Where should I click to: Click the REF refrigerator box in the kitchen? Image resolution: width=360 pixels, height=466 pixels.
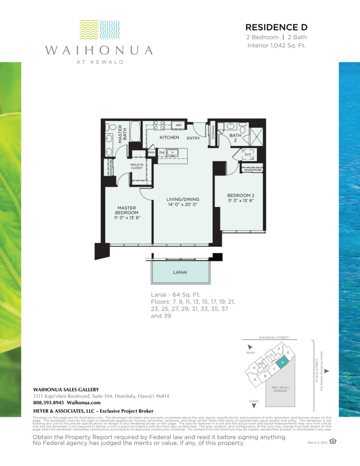tap(178, 125)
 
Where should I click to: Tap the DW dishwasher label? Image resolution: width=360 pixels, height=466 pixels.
tap(162, 152)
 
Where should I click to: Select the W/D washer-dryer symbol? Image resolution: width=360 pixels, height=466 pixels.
tap(248, 154)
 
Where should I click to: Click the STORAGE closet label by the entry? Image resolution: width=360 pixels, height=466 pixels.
tap(213, 133)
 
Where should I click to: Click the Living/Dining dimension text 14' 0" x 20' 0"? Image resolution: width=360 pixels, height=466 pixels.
tap(183, 205)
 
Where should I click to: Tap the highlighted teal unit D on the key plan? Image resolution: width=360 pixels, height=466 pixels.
tap(283, 362)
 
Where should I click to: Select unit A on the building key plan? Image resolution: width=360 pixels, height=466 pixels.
tap(255, 379)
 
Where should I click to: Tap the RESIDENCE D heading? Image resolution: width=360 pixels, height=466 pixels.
tap(276, 27)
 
